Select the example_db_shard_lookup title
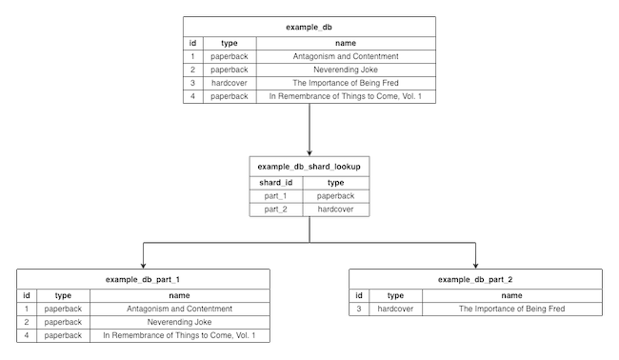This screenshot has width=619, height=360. pyautogui.click(x=309, y=166)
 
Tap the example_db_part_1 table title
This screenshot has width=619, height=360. pyautogui.click(x=143, y=279)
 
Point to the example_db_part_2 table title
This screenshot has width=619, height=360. pyautogui.click(x=476, y=279)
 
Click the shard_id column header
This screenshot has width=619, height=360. pyautogui.click(x=275, y=181)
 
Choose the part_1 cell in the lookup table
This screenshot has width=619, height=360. pyautogui.click(x=275, y=195)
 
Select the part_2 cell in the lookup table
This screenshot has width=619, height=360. pyautogui.click(x=275, y=209)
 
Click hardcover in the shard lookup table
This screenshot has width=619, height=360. pyautogui.click(x=335, y=209)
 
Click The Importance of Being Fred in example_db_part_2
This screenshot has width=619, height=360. pyautogui.click(x=511, y=309)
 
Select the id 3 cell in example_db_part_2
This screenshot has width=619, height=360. pyautogui.click(x=359, y=309)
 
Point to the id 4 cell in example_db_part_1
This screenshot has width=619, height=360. pyautogui.click(x=27, y=335)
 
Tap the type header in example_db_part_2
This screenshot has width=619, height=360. pyautogui.click(x=395, y=295)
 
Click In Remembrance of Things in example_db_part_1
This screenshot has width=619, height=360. pyautogui.click(x=179, y=335)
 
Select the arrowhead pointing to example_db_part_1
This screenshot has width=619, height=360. pyautogui.click(x=143, y=266)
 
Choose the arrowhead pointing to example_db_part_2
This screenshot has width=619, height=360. pyautogui.click(x=475, y=266)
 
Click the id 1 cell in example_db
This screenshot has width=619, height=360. pyautogui.click(x=192, y=56)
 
